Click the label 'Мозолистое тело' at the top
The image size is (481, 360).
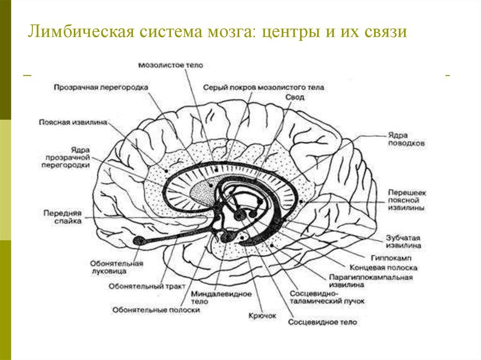[x=171, y=66]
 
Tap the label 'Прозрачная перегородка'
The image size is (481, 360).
[x=101, y=87]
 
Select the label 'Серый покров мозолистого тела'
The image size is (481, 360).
[x=264, y=87]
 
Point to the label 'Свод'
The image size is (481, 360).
[x=295, y=97]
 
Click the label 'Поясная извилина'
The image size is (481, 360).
[x=73, y=123]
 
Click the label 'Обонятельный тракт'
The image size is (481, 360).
[x=140, y=285]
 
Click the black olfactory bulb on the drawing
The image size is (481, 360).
[x=139, y=241]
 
